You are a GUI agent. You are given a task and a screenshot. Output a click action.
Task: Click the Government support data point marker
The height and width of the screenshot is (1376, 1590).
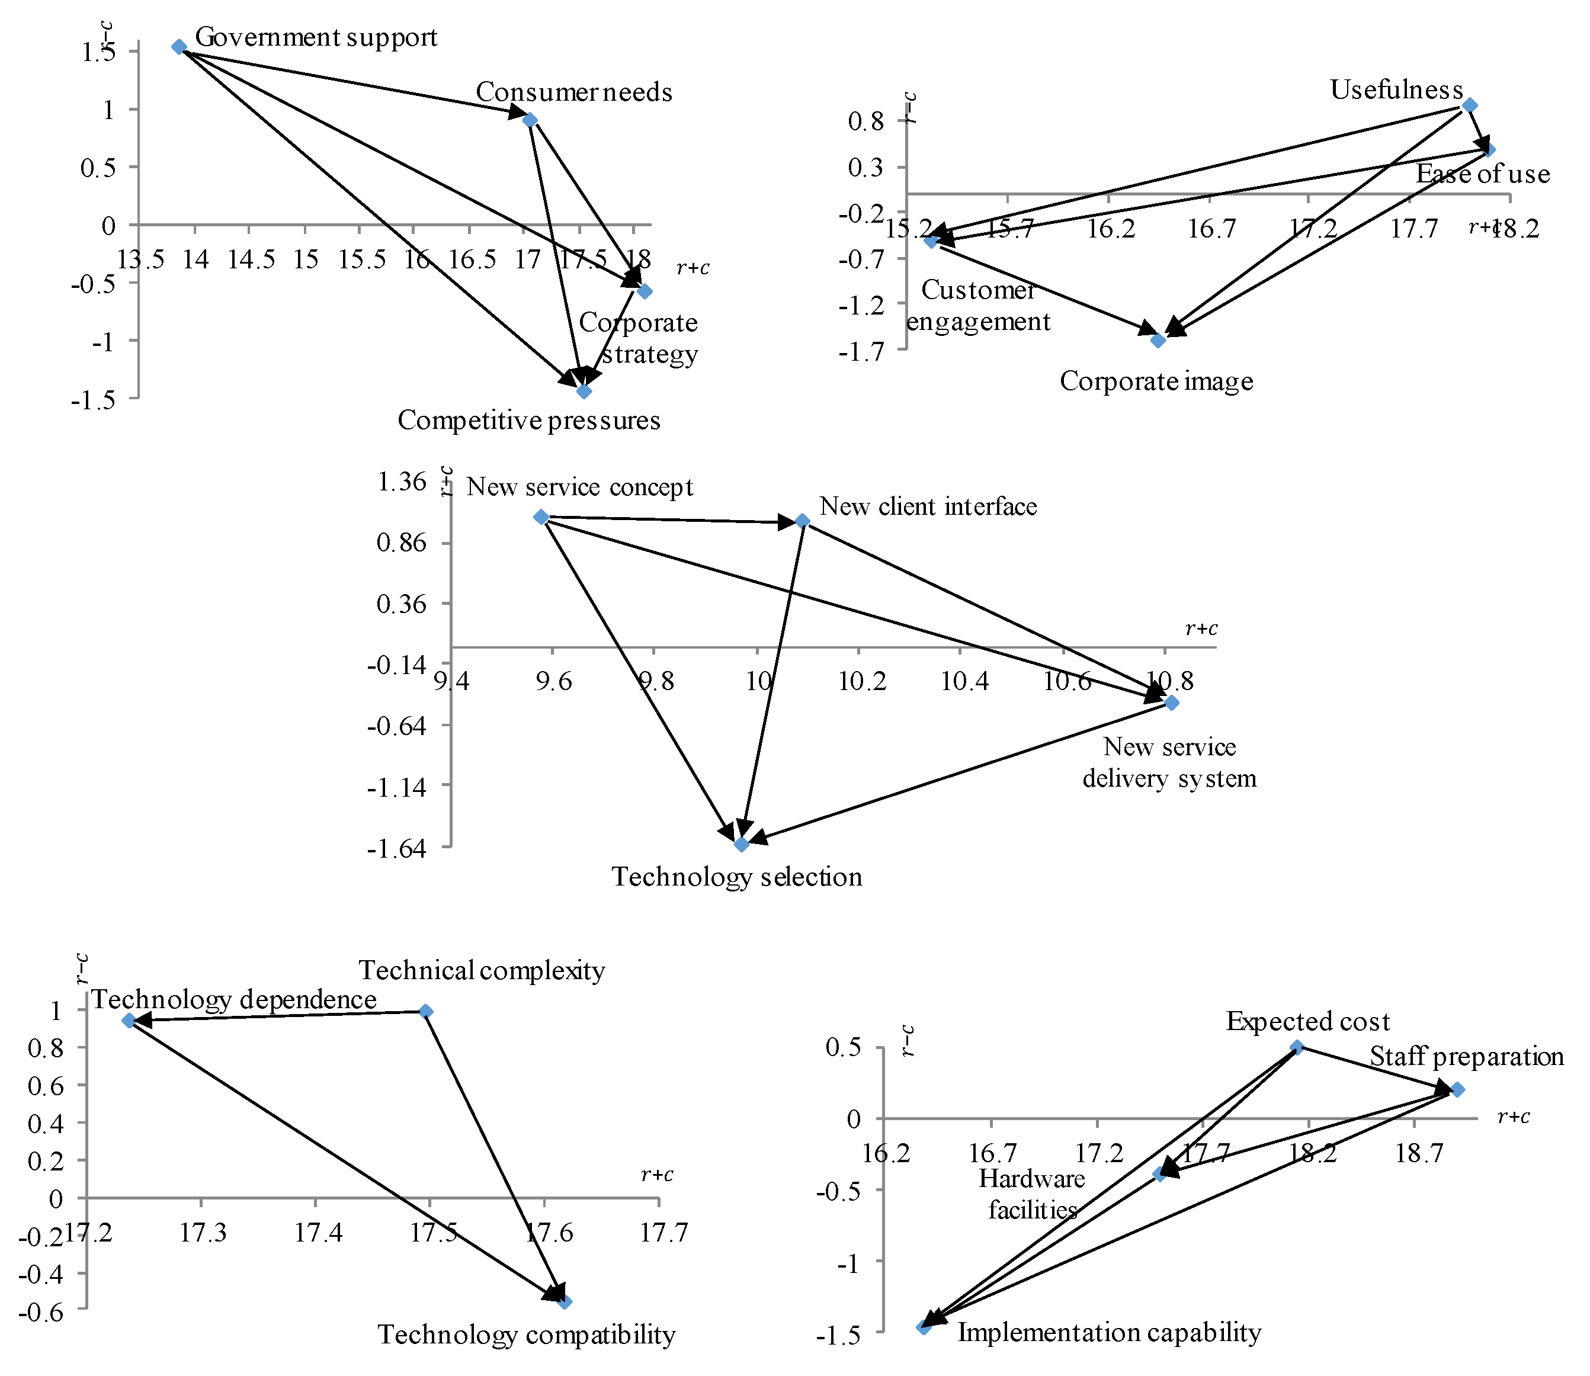179,47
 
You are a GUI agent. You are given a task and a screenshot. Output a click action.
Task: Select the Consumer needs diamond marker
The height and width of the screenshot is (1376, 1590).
530,120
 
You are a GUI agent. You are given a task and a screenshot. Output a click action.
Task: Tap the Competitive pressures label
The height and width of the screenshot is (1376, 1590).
528,421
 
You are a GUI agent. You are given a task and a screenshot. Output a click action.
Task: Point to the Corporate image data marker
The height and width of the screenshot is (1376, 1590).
1159,340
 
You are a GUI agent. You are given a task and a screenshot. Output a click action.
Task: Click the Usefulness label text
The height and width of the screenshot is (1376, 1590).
1396,90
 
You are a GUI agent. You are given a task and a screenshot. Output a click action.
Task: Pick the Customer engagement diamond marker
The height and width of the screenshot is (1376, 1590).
931,240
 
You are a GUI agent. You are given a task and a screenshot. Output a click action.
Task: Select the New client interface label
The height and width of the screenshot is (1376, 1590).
928,507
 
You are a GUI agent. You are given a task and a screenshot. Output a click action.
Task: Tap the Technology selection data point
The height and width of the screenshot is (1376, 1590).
742,845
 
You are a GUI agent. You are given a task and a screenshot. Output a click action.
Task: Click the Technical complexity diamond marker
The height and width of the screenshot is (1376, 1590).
426,1011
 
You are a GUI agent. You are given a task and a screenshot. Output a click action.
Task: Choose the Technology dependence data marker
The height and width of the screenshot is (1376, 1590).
129,1021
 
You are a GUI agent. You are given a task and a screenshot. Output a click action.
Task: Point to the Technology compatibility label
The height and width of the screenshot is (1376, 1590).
526,1335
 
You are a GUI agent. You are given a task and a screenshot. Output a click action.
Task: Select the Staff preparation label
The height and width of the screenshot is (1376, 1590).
1466,1057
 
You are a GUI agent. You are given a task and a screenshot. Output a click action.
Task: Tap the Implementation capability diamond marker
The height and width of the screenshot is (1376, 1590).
924,1327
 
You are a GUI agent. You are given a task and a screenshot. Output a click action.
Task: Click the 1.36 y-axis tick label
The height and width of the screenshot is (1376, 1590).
402,482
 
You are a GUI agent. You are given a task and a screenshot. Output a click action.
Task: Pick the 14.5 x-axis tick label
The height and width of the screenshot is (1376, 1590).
251,259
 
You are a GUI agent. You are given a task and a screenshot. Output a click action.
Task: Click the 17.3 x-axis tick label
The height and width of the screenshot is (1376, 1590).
203,1233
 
